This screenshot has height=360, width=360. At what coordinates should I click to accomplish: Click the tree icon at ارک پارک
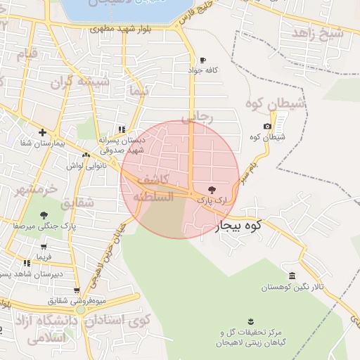coord(212,190)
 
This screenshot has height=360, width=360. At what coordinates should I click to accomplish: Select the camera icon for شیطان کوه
coord(267,126)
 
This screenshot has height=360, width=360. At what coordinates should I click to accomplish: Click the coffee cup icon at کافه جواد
coord(203,60)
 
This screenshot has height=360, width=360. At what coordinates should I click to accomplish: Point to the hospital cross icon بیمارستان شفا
coord(43,132)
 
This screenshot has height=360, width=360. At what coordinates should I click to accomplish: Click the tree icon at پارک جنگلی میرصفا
coord(44,215)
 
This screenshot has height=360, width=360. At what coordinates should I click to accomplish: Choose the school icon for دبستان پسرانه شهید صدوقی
coord(122,129)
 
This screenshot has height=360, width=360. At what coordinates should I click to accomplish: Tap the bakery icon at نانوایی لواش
coord(86,155)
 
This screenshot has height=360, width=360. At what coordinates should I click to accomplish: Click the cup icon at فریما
coord(44,247)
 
